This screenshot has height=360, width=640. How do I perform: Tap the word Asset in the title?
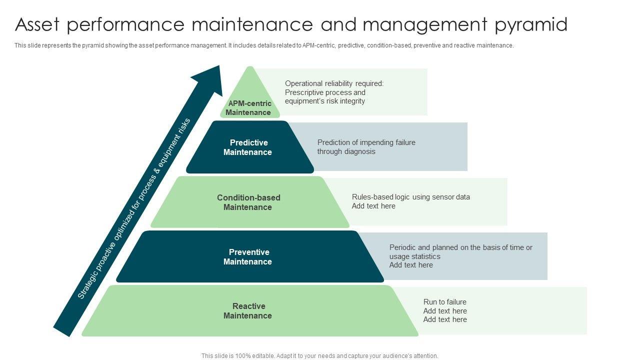[x=40, y=24]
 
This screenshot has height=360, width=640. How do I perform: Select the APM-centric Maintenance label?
[x=248, y=108]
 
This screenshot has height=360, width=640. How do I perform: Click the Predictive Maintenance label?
[x=248, y=147]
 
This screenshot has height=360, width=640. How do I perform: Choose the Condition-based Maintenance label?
[x=248, y=202]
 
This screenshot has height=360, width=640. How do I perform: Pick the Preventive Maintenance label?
[x=248, y=257]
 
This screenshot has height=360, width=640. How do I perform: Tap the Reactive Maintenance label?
[x=248, y=311]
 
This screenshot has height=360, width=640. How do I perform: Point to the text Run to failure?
[x=444, y=302]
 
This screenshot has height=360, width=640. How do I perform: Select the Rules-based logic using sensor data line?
[x=410, y=197]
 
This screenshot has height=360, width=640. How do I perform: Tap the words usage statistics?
[x=414, y=256]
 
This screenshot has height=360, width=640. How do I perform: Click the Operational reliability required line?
[x=334, y=83]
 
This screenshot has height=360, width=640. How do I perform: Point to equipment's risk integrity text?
[x=325, y=101]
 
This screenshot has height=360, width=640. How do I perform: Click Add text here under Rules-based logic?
[x=373, y=206]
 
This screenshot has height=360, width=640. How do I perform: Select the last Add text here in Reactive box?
[x=445, y=319]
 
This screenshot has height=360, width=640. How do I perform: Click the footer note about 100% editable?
[x=319, y=356]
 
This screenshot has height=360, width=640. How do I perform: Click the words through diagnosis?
[x=346, y=151]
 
